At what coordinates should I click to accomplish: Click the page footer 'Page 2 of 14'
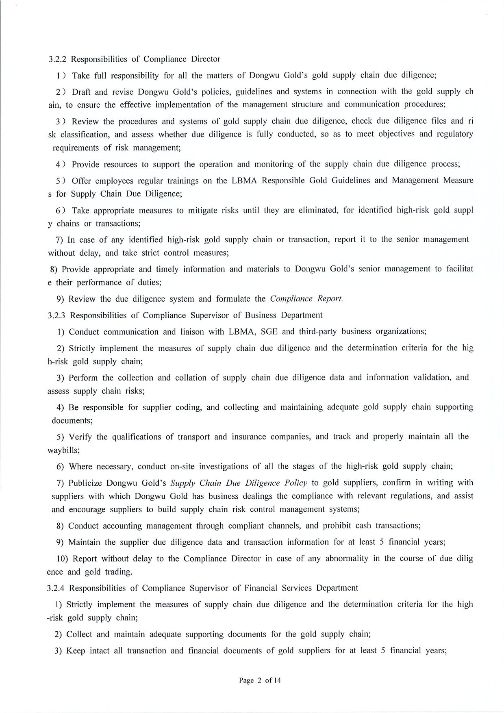click(x=260, y=680)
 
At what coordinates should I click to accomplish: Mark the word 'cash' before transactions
click(x=363, y=526)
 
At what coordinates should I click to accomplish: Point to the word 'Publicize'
click(x=85, y=483)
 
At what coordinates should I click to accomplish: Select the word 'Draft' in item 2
click(x=83, y=91)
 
